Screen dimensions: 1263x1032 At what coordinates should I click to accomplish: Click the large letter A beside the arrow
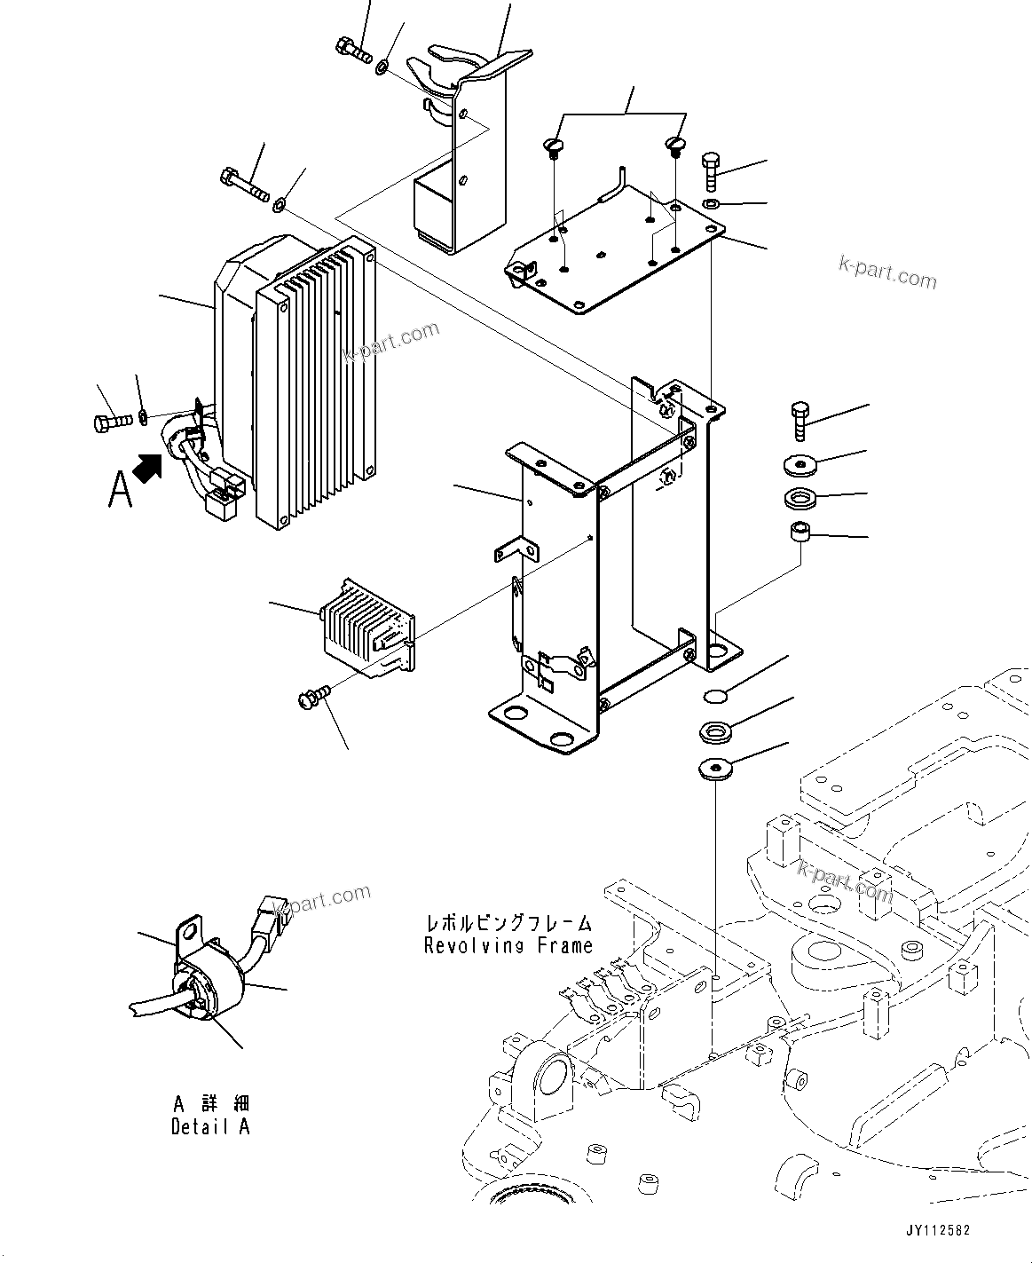click(x=120, y=489)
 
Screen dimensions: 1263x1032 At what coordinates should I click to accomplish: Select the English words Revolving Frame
click(x=508, y=945)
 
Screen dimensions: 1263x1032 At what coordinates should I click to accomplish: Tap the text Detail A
click(x=210, y=1126)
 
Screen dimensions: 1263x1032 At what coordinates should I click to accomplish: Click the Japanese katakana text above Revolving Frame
click(x=508, y=922)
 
